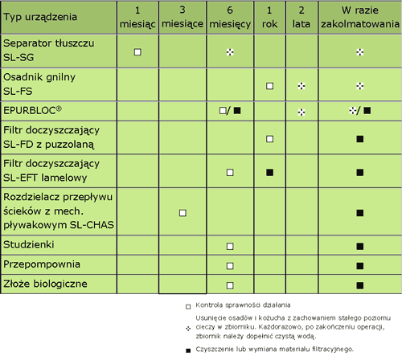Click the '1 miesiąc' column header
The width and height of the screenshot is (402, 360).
point(137,17)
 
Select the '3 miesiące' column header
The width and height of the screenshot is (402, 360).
point(183,17)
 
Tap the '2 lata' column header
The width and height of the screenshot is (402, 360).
point(301,17)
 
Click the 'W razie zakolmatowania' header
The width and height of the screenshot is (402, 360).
point(360,17)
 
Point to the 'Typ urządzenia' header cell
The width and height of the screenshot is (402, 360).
point(40,17)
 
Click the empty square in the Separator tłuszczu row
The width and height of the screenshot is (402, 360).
point(137,52)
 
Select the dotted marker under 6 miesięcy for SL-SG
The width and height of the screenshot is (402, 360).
point(230,52)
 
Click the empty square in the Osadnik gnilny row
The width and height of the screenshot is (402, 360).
point(269,86)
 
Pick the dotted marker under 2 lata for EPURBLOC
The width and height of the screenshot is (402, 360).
point(301,112)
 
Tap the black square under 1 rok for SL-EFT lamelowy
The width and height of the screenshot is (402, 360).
point(269,172)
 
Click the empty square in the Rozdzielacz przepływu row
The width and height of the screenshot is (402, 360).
point(183,213)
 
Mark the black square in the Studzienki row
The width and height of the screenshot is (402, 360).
point(360,246)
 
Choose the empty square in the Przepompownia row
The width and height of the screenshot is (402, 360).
point(230,266)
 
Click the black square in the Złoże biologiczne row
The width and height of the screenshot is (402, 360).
point(360,285)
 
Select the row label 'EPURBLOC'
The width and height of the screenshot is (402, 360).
point(32,110)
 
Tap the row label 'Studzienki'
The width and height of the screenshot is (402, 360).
point(29,244)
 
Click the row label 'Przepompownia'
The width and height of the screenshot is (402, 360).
point(42,264)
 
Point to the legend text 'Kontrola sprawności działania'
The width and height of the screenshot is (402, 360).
point(243,305)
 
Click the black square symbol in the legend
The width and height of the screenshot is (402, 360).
point(188,350)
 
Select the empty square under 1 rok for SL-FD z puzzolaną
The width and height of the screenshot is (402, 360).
point(269,139)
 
